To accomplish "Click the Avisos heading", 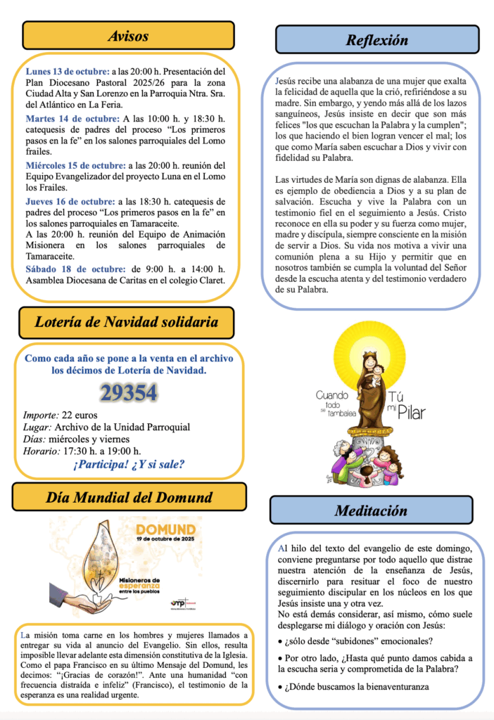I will click(x=127, y=36).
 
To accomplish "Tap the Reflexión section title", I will click(x=376, y=40).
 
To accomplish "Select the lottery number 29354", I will click(x=128, y=394).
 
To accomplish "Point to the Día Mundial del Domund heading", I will click(x=129, y=498).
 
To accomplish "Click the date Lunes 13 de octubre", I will click(x=68, y=72).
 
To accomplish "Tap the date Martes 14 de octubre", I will click(x=72, y=117).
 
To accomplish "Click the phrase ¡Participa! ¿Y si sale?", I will click(x=128, y=464).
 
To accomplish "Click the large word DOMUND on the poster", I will click(x=165, y=529).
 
